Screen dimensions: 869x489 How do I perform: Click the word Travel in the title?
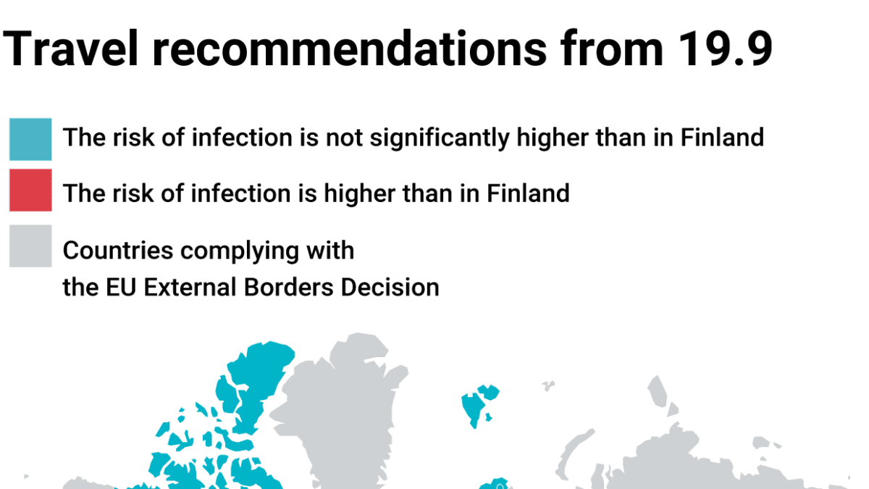[70, 49]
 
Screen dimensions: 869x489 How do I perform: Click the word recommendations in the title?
[350, 49]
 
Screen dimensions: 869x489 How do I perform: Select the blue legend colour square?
[30, 139]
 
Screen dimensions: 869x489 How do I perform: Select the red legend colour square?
[30, 190]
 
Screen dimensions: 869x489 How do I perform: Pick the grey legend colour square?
[30, 246]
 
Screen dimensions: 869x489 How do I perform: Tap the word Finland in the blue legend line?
[722, 138]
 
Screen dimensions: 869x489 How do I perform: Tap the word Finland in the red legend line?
[528, 193]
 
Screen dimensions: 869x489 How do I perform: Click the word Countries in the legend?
[118, 251]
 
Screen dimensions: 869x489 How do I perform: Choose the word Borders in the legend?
[289, 288]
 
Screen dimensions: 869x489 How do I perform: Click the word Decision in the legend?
[390, 288]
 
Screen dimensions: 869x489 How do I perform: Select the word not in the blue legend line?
[344, 138]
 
